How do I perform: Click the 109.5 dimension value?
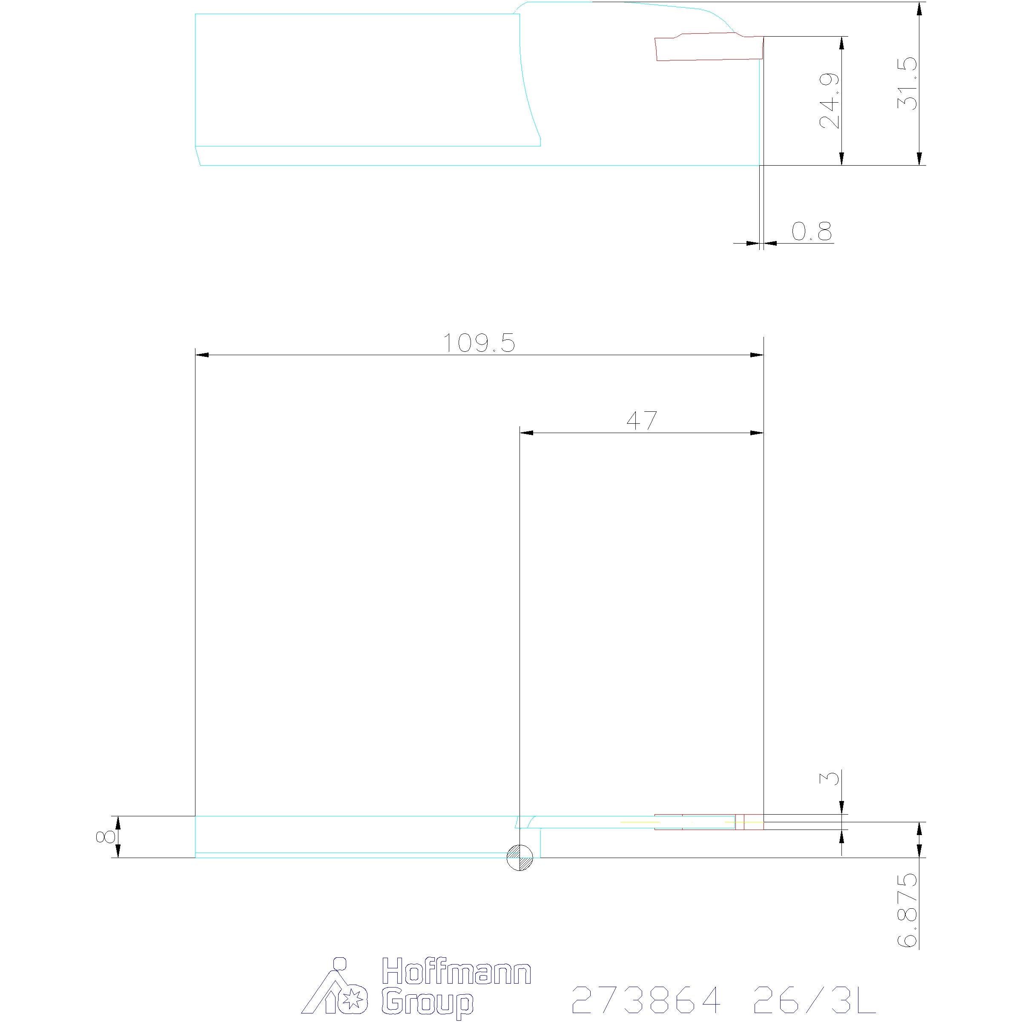(x=478, y=343)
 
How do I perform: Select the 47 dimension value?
(x=642, y=421)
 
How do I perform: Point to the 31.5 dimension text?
(x=907, y=83)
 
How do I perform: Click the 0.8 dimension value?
(x=812, y=231)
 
